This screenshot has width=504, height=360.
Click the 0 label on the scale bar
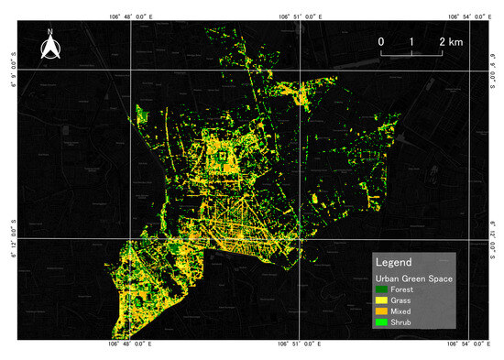point(381,42)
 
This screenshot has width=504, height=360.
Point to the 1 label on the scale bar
point(411,42)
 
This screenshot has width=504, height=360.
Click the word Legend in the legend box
point(395,262)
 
